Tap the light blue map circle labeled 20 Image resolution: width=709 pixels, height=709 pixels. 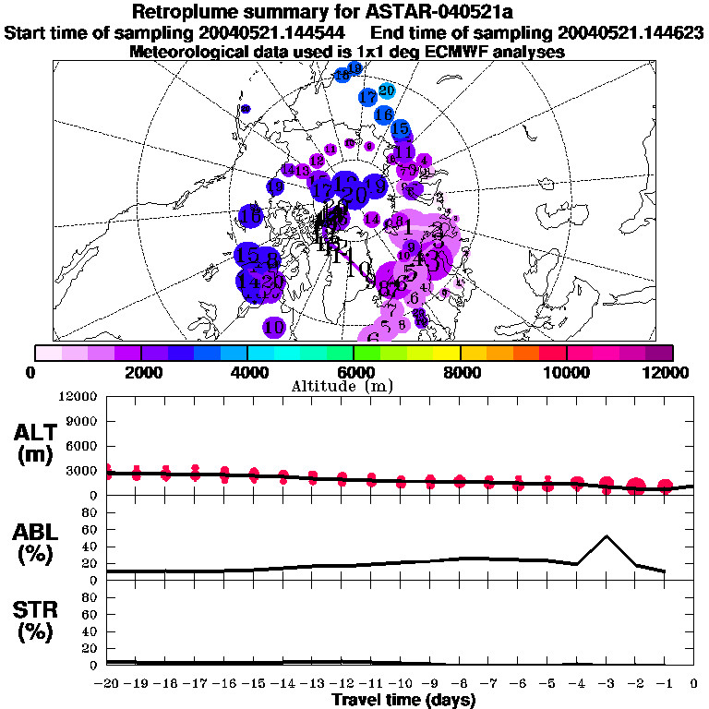pyautogui.click(x=387, y=90)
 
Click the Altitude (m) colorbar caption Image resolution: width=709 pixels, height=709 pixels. pyautogui.click(x=354, y=386)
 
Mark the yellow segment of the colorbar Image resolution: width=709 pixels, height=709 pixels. pyautogui.click(x=448, y=353)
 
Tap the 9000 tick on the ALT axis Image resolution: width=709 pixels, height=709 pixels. pyautogui.click(x=82, y=421)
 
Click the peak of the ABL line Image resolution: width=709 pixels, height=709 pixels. pyautogui.click(x=607, y=536)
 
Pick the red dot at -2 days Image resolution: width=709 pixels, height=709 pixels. pyautogui.click(x=636, y=487)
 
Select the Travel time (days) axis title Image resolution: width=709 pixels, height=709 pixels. pyautogui.click(x=403, y=700)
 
